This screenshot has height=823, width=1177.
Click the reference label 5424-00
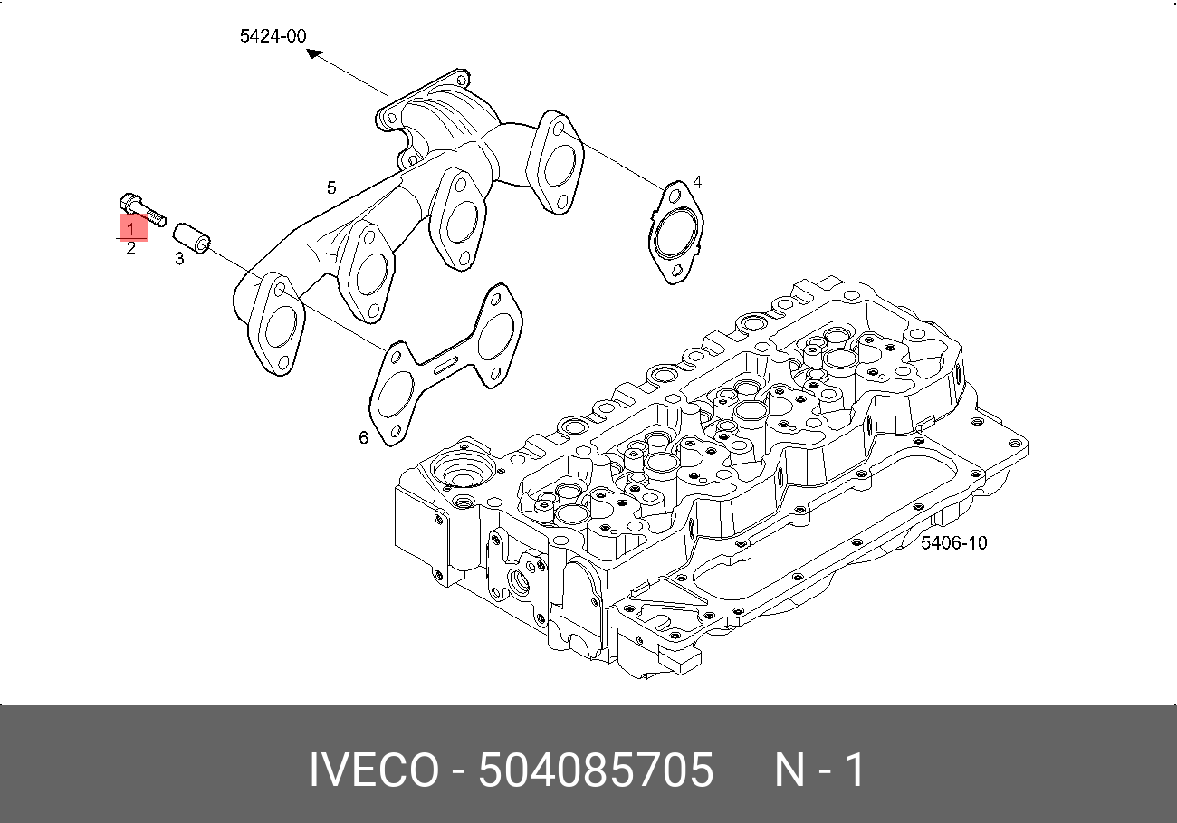click(x=273, y=36)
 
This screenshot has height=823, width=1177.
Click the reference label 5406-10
click(x=953, y=543)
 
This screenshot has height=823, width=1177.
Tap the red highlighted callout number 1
click(x=131, y=228)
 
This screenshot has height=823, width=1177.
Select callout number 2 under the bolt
click(x=131, y=249)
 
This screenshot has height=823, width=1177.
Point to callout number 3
click(x=179, y=260)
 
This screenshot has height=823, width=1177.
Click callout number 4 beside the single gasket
click(x=696, y=183)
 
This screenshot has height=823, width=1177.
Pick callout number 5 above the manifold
click(x=331, y=187)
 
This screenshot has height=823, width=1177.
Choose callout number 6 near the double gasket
click(x=363, y=437)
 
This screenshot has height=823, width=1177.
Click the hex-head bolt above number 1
click(x=142, y=209)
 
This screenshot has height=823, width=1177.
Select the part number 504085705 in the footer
click(x=596, y=771)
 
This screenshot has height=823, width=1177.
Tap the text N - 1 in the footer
click(x=819, y=771)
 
